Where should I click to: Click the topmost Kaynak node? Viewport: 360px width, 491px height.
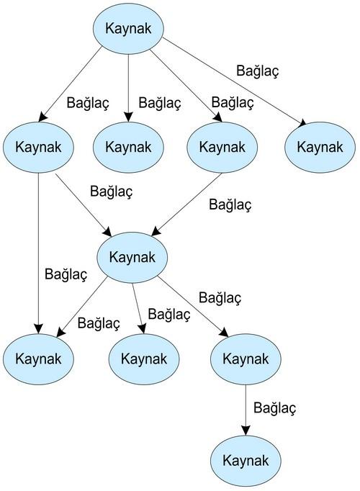point(128,29)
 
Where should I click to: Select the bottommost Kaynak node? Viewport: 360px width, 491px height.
point(246,461)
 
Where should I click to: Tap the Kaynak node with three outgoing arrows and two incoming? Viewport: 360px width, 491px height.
point(132,258)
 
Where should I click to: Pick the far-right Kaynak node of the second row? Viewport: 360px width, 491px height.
point(320,147)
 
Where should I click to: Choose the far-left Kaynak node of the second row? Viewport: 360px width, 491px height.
point(38,147)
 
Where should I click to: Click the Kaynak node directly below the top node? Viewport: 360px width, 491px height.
point(128,147)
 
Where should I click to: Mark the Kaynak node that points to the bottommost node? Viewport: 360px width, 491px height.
point(246,359)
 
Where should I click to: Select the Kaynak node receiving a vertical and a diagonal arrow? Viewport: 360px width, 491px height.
point(38,359)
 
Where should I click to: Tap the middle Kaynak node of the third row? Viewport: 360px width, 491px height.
point(144,359)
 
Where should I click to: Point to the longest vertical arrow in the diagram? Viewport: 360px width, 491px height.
point(38,253)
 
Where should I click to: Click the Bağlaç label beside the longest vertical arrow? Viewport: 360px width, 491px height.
point(66,274)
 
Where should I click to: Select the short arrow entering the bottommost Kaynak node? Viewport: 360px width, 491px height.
point(246,410)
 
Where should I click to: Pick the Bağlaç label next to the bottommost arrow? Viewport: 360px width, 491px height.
point(275,408)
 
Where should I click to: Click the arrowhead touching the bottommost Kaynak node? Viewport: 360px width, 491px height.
point(246,431)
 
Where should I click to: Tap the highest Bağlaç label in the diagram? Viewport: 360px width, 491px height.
point(258,71)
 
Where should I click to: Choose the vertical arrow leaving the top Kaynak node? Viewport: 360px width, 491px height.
point(128,88)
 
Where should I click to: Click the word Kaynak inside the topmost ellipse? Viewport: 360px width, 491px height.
point(128,29)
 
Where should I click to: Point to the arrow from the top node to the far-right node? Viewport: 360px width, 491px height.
point(235,82)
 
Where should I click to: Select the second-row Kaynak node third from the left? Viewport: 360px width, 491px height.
point(222,147)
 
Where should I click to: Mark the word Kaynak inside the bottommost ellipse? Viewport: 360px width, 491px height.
point(246,461)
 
